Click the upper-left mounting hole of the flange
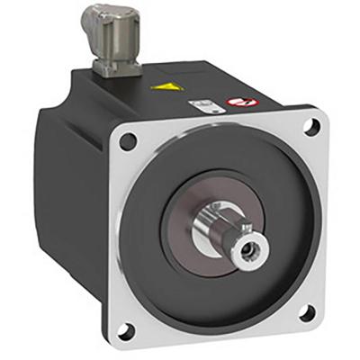coord(130,141)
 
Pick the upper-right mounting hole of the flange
coord(310,126)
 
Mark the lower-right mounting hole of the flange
coord(305,312)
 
